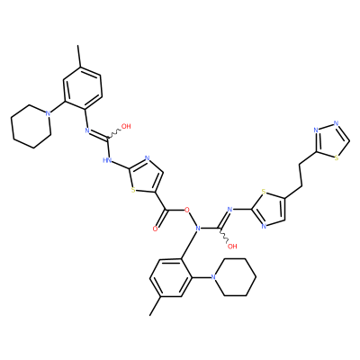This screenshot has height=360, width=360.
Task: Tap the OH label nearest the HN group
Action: coord(126,126)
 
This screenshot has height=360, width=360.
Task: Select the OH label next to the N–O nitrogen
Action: coord(232,247)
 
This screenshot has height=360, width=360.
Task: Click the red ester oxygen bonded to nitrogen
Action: coord(188,209)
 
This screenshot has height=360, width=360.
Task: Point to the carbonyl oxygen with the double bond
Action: coord(155,229)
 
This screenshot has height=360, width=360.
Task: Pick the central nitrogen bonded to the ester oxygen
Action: coord(197,229)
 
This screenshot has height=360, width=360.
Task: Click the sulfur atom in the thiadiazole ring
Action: coord(337,158)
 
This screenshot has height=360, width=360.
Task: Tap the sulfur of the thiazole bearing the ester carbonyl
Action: coord(133,190)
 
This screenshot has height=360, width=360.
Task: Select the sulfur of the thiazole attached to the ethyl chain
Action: coord(264,191)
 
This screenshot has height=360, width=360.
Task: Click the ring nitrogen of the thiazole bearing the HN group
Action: coord(147,157)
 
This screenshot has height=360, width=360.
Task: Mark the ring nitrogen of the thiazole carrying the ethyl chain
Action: coord(264,226)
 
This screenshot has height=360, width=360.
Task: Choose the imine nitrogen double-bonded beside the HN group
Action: coord(87,130)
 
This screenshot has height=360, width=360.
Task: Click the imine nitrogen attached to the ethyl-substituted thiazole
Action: coord(230,209)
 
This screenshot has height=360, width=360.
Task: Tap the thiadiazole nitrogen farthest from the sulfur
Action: coord(336,123)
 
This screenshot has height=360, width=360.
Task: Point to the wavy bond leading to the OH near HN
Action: coord(114,133)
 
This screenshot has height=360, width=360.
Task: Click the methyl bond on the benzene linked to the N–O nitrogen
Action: coord(156,306)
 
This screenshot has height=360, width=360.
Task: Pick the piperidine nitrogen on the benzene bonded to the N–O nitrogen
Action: coord(213,277)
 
